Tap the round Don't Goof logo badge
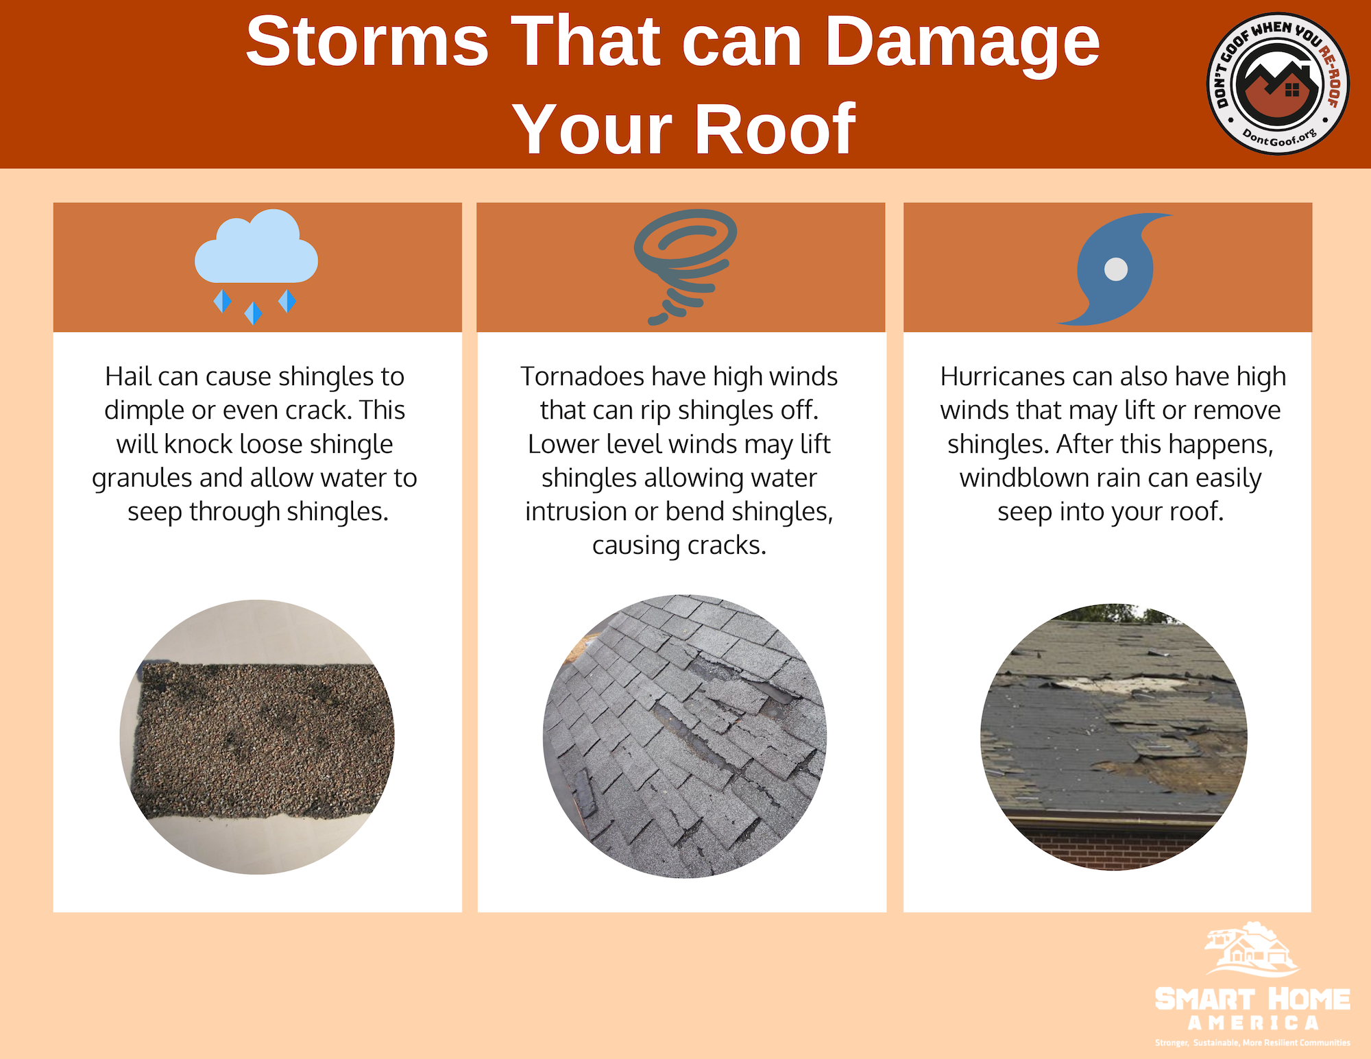point(1278,84)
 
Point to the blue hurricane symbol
point(1115,269)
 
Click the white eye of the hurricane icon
point(1116,269)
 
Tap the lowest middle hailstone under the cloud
point(253,313)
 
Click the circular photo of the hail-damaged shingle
point(257,737)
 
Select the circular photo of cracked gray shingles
point(685,736)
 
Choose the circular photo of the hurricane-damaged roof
point(1114,737)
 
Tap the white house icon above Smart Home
point(1251,949)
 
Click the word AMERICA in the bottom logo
point(1253,1023)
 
